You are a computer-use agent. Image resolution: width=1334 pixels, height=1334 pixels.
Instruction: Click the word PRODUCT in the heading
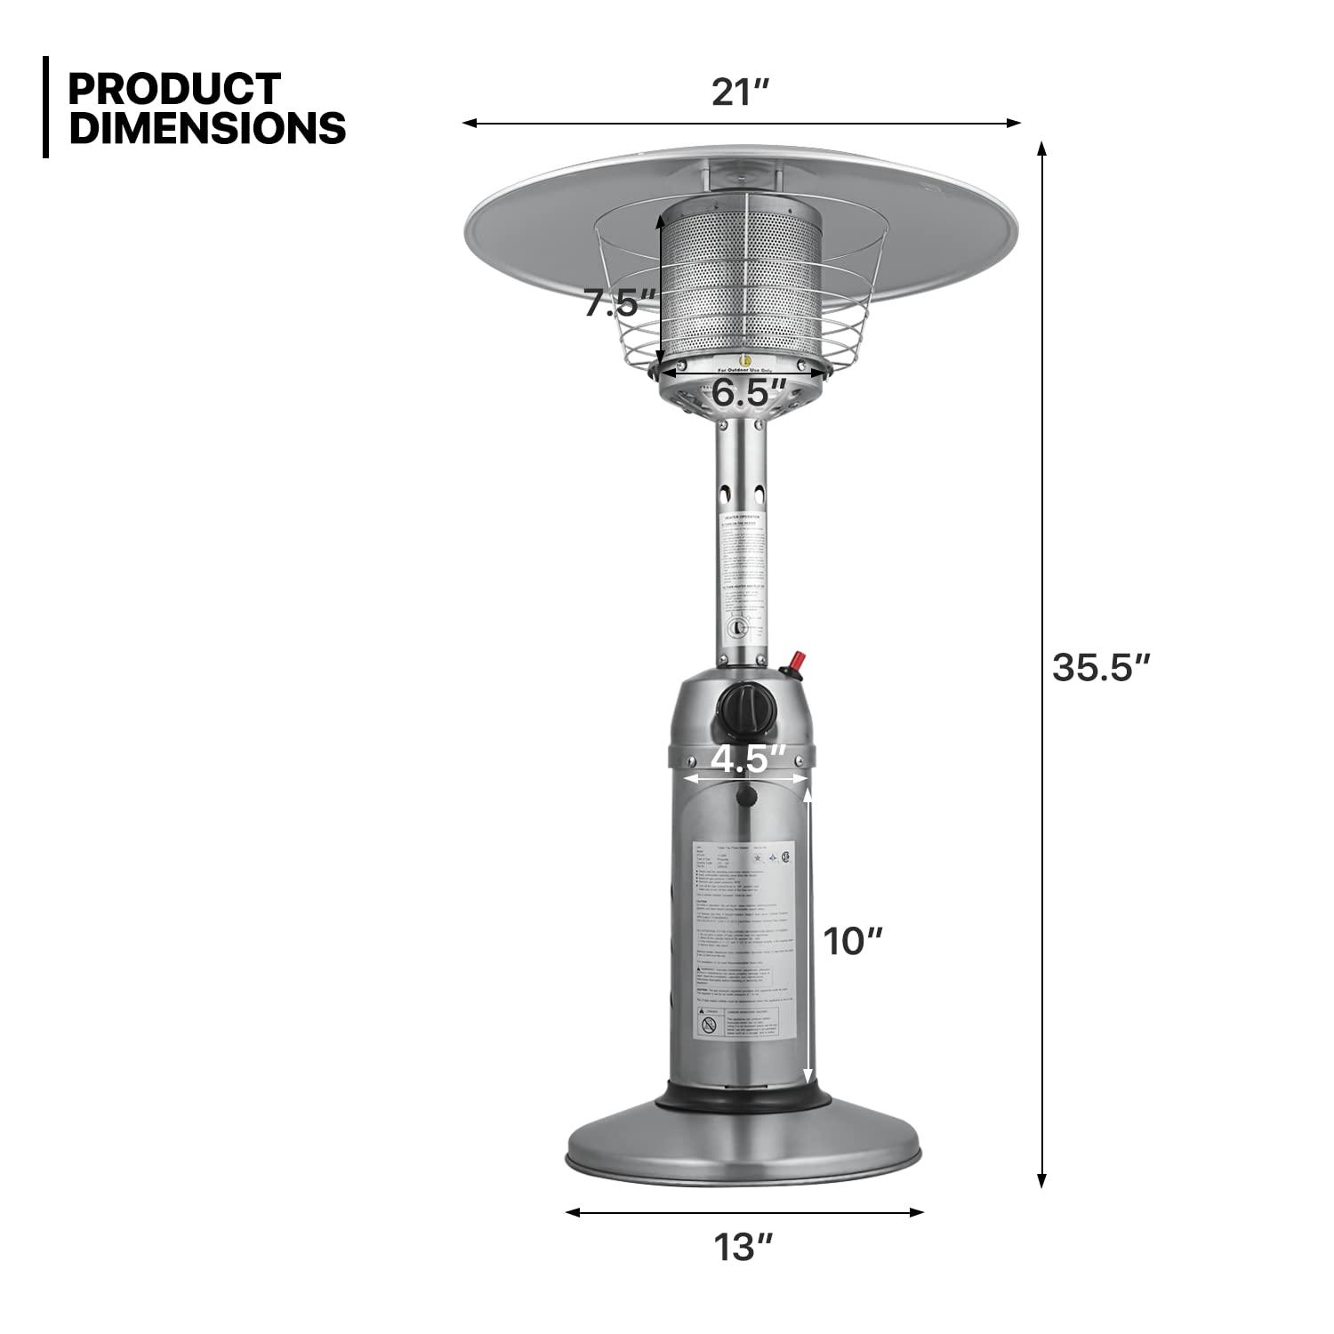(174, 89)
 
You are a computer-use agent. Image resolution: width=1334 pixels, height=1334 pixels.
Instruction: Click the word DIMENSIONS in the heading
(207, 128)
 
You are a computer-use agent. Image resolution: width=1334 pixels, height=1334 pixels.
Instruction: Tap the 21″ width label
(739, 92)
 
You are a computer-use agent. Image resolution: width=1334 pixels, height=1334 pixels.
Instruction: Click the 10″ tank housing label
(852, 941)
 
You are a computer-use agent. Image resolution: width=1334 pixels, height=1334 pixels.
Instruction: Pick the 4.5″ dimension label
(748, 759)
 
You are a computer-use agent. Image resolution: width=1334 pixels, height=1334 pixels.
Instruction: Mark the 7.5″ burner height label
(619, 303)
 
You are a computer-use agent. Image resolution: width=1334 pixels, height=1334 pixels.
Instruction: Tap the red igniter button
(797, 662)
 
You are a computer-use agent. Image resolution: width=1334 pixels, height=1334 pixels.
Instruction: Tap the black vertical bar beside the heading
(45, 108)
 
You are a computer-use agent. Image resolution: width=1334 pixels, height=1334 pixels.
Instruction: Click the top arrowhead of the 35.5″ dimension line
(1042, 148)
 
